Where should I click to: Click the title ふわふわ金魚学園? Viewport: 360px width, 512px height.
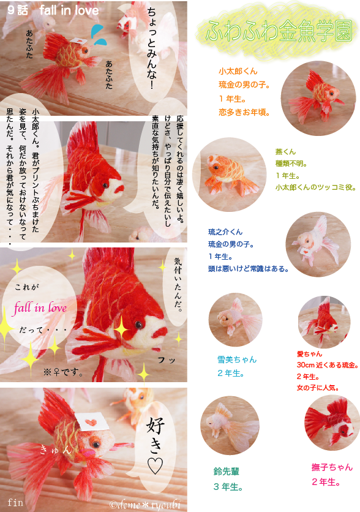[x=279, y=31]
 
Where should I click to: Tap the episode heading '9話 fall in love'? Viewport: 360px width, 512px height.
[x=53, y=10]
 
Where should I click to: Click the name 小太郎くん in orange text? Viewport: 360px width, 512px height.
[x=238, y=71]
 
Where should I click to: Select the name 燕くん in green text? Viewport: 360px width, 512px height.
[x=285, y=151]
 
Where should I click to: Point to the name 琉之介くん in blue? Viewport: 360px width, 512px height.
[x=225, y=232]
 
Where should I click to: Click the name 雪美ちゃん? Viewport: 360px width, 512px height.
[x=237, y=360]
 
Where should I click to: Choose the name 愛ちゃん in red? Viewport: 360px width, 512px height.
[x=309, y=353]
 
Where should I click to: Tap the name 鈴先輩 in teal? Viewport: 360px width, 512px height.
[x=227, y=471]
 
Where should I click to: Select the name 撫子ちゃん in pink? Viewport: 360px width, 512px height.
[x=332, y=467]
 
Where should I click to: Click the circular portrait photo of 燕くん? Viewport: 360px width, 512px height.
[x=230, y=175]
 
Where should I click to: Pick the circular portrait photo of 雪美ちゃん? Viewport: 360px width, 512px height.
[x=235, y=320]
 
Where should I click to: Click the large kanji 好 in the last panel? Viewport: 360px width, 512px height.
[x=155, y=425]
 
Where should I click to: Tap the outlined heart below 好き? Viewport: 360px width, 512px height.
[x=155, y=465]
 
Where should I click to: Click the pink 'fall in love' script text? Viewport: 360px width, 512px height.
[x=40, y=308]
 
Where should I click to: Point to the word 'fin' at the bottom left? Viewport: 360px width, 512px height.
[x=15, y=502]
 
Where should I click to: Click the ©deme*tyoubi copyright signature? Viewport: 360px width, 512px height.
[x=145, y=505]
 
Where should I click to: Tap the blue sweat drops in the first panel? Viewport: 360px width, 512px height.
[x=99, y=35]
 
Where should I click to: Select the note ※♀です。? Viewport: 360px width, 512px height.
[x=63, y=372]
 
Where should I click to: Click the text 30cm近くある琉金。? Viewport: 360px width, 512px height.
[x=328, y=365]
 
